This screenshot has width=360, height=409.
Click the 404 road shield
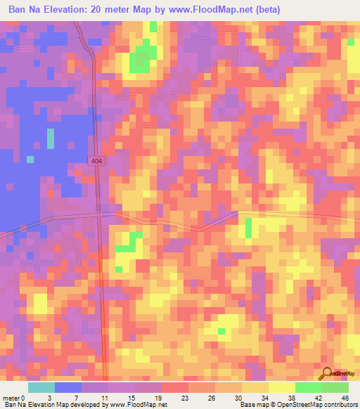tap(96, 162)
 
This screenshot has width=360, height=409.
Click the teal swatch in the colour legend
tap(41, 387)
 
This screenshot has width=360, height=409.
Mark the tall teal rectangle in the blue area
tap(51, 138)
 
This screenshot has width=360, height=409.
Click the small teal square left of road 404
tap(30, 160)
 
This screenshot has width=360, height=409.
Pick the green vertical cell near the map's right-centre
tap(249, 228)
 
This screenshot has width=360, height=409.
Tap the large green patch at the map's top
tap(144, 56)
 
